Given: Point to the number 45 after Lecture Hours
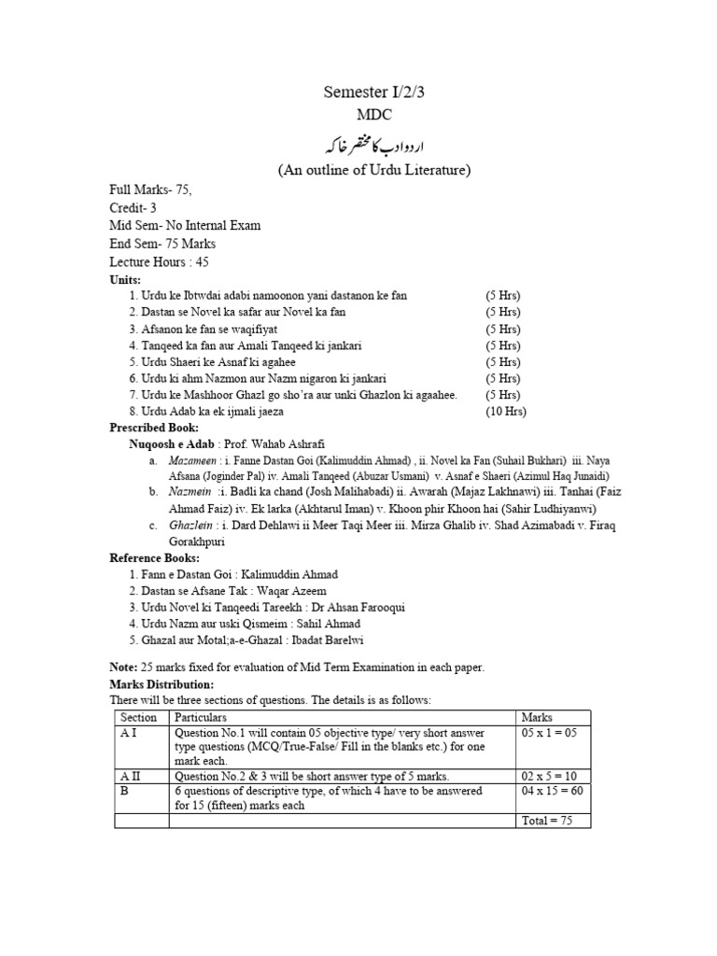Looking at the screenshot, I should click(203, 262).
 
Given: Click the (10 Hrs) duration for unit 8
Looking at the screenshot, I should click(505, 412).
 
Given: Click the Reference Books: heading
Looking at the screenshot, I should click(154, 557).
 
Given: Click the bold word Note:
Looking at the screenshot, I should click(123, 667).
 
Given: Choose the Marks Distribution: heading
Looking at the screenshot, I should click(162, 683).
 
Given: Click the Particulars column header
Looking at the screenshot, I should click(201, 718).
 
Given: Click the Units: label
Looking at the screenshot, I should click(125, 280).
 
